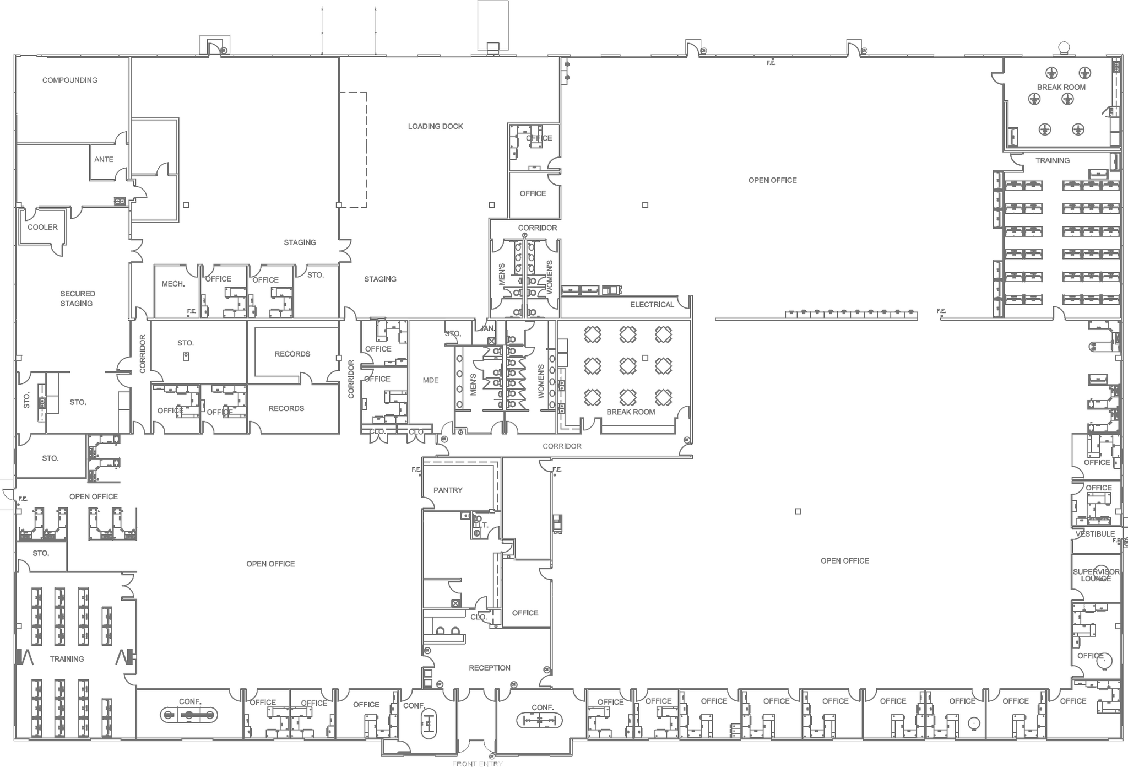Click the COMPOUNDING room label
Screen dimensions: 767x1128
tap(69, 80)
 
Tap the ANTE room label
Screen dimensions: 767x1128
tap(104, 159)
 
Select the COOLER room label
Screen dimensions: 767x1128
tap(42, 227)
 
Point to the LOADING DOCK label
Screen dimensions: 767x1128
tap(435, 126)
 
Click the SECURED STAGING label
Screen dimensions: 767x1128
tap(77, 299)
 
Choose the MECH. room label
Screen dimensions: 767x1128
tap(173, 284)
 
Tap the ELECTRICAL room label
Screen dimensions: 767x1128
tap(652, 304)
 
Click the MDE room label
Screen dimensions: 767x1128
tap(431, 380)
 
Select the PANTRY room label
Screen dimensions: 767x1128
tap(448, 490)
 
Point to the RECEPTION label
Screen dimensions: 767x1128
tap(489, 668)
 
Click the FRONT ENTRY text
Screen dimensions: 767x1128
tap(477, 764)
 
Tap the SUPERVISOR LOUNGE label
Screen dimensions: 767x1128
tap(1096, 575)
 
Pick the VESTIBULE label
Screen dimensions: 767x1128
tap(1095, 534)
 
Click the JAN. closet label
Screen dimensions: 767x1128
tap(488, 328)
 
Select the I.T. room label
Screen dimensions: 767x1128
tap(481, 525)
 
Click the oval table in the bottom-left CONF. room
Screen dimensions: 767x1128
tap(189, 715)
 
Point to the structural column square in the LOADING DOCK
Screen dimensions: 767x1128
tap(492, 205)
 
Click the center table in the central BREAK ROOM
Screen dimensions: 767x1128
tap(628, 366)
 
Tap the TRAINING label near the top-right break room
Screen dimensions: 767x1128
tap(1052, 160)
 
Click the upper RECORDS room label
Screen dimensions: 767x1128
tap(292, 354)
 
